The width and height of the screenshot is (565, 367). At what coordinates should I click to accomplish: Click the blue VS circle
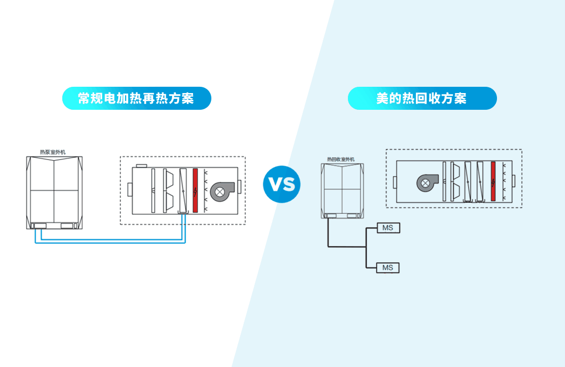click(282, 184)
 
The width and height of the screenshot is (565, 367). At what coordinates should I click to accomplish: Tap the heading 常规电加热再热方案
click(136, 98)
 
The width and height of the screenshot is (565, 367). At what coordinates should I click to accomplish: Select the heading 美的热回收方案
click(422, 98)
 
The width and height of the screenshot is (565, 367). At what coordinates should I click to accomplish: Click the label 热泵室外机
click(53, 152)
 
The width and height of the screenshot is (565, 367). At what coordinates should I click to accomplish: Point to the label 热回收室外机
click(341, 159)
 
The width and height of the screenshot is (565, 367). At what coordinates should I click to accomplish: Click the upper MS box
click(388, 228)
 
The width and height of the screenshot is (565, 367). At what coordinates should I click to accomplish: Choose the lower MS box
click(388, 268)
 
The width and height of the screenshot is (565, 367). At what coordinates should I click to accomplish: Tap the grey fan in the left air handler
click(220, 191)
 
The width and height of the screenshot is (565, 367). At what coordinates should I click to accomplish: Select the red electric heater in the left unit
click(195, 190)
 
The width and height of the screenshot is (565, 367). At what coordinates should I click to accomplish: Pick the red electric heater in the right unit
click(493, 181)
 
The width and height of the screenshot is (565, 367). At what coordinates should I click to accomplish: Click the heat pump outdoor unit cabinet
click(54, 191)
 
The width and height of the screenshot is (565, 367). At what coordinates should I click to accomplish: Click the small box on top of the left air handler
click(140, 166)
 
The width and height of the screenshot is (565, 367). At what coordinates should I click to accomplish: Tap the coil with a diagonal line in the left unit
click(183, 190)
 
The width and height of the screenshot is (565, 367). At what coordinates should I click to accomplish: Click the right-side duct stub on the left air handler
click(240, 187)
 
